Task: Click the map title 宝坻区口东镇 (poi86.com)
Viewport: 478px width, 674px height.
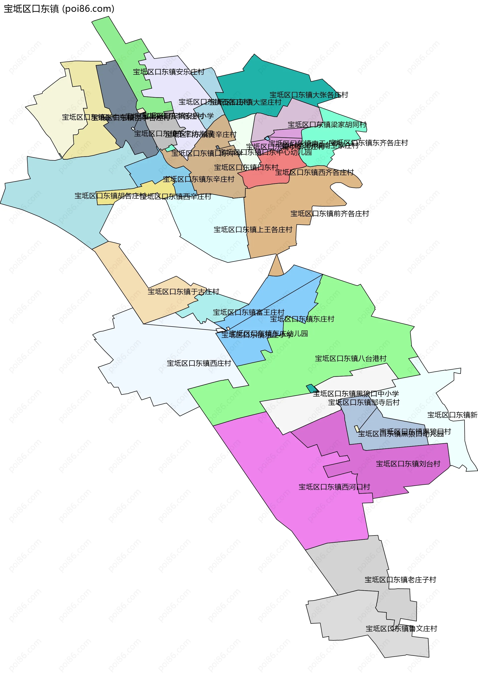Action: (x=59, y=9)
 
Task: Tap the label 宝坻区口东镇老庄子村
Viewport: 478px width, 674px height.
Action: (x=400, y=580)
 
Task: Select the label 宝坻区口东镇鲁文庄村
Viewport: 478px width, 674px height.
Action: (x=401, y=629)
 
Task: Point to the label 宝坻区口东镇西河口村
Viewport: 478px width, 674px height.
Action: (x=334, y=487)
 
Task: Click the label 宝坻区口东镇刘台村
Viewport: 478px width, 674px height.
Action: (x=408, y=464)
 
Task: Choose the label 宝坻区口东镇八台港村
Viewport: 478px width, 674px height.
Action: (x=351, y=358)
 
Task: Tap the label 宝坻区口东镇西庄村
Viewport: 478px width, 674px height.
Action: (x=199, y=363)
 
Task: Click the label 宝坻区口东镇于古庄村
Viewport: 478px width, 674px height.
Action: (x=183, y=291)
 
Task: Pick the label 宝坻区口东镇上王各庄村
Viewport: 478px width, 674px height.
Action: (x=253, y=229)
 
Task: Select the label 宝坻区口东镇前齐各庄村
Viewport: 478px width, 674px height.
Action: (x=330, y=213)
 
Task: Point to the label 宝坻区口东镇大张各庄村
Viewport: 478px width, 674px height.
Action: (x=309, y=95)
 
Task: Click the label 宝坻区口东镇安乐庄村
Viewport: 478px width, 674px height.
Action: (x=168, y=72)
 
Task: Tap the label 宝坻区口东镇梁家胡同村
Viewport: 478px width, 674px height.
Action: (x=327, y=125)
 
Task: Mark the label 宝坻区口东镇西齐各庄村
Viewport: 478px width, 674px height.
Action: (x=314, y=172)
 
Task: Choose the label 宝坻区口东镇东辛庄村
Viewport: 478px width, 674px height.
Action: (x=198, y=179)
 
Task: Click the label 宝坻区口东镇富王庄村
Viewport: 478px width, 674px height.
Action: (x=249, y=312)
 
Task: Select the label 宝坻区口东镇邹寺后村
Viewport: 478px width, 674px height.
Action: (x=364, y=402)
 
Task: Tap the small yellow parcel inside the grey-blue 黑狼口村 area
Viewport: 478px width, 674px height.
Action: (x=357, y=429)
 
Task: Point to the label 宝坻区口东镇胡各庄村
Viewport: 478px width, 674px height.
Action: (x=110, y=196)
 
